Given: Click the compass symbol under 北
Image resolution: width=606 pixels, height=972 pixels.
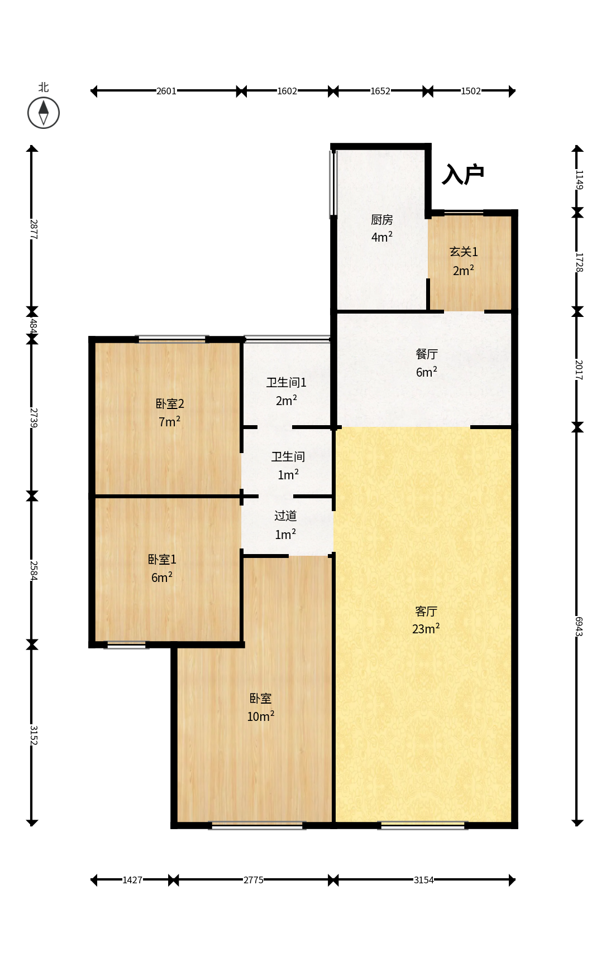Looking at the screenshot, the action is click(44, 113).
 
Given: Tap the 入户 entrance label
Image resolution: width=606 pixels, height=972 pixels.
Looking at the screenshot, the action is click(463, 175).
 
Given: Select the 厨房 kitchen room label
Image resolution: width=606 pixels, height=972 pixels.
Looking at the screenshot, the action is click(382, 220).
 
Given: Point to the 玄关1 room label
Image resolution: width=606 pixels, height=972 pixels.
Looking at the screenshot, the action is click(464, 252).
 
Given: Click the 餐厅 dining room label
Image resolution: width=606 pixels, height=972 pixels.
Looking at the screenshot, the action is click(427, 354).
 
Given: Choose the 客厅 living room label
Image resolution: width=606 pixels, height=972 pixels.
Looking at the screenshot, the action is click(426, 612).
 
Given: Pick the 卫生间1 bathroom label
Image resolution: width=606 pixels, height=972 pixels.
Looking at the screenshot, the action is click(287, 382).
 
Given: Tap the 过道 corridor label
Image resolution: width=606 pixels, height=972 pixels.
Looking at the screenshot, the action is click(285, 516).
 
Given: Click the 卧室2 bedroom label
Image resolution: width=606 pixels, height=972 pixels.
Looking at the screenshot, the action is click(170, 403).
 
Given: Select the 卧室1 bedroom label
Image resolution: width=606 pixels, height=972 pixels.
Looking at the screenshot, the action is click(162, 559).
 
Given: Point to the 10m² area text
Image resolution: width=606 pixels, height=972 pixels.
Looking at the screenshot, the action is click(261, 716).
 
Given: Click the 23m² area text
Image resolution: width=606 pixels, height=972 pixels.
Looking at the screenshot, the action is click(426, 629).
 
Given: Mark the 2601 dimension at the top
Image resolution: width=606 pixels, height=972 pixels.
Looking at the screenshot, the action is click(166, 91).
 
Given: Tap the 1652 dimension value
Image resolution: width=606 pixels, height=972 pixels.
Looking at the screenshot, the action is click(380, 91).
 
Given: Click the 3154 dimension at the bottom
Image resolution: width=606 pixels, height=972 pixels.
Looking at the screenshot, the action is click(423, 880).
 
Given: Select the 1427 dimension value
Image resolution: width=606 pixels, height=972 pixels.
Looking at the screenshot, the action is click(132, 880).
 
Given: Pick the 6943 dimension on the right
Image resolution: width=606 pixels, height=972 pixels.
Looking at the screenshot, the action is click(579, 626).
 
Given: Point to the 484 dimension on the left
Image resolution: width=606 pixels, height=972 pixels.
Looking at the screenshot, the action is click(33, 325).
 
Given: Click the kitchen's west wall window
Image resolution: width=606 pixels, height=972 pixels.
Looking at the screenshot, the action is click(333, 183).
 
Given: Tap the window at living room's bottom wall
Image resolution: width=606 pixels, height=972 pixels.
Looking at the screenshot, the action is click(423, 826).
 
